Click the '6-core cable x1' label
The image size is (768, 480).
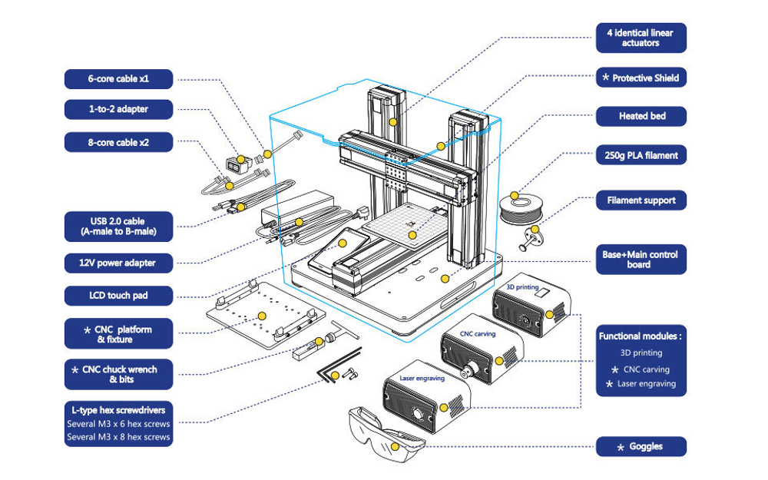[x=118, y=79]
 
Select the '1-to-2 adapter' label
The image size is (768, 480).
[x=118, y=109]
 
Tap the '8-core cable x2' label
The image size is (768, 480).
[x=118, y=143]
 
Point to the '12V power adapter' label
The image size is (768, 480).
[x=118, y=263]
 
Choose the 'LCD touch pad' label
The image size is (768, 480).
[x=118, y=296]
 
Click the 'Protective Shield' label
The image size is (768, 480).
[x=641, y=78]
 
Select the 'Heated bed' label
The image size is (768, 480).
[x=641, y=116]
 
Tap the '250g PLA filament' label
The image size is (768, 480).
[x=641, y=155]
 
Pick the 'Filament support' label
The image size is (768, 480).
[x=641, y=200]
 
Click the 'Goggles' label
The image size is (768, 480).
[x=641, y=446]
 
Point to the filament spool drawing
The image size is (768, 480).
[x=520, y=209]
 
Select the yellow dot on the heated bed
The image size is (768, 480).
[x=412, y=235]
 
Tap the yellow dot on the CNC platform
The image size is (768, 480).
[x=262, y=316]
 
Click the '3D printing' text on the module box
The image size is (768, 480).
[x=522, y=287]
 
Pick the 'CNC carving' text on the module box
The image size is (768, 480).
[x=478, y=333]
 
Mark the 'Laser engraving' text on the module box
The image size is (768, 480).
[x=422, y=378]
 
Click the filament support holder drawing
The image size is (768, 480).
[x=531, y=238]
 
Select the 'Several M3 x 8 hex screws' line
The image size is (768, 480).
[x=118, y=437]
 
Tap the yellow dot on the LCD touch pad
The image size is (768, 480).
[x=343, y=243]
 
